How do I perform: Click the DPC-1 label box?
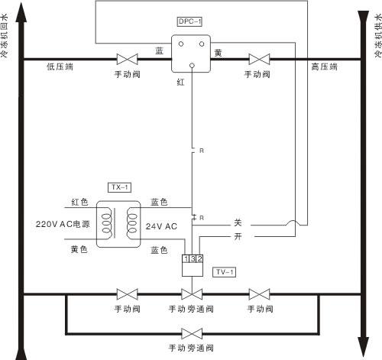click(x=189, y=21)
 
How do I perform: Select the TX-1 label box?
click(x=120, y=187)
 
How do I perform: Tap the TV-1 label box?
click(x=224, y=272)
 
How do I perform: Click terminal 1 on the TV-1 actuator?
click(x=186, y=259)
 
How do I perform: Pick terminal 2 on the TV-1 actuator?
click(x=199, y=259)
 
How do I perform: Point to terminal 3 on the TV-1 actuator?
click(x=193, y=259)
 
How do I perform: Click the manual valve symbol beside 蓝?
click(x=127, y=60)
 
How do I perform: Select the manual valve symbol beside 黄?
click(x=259, y=60)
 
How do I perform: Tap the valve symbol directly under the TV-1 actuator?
click(x=192, y=294)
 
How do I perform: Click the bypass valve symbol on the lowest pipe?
click(x=192, y=334)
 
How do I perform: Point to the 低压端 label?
click(x=60, y=66)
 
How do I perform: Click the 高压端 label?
click(x=324, y=66)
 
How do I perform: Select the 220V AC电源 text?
click(x=63, y=224)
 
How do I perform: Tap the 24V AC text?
click(x=161, y=226)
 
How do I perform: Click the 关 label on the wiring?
click(x=238, y=222)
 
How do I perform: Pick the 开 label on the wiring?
click(x=238, y=236)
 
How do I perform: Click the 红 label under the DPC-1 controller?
click(x=180, y=82)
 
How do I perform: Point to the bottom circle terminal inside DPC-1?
click(x=193, y=66)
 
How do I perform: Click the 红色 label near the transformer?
click(x=79, y=203)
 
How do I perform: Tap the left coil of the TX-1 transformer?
click(x=107, y=223)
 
